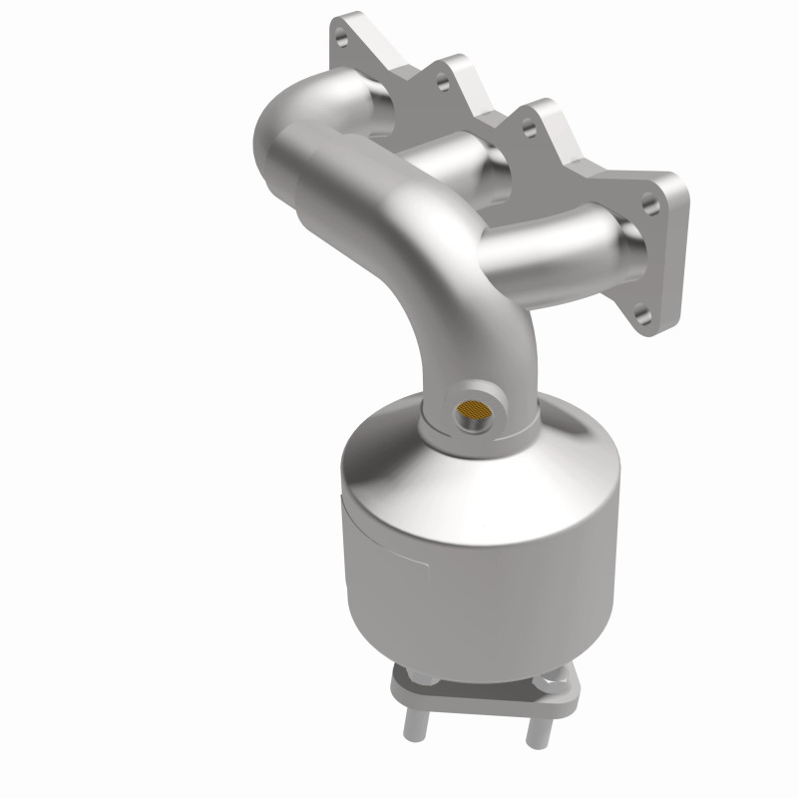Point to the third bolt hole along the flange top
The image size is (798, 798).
(521, 124)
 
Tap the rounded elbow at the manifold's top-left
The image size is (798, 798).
(284, 125)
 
